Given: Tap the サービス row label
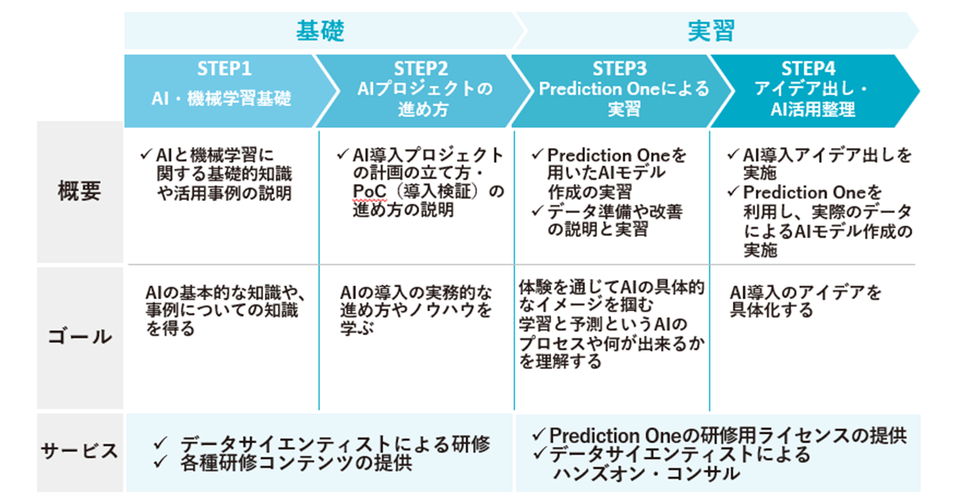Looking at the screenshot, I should [79, 450].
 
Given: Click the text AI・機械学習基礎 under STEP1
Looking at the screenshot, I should [222, 99].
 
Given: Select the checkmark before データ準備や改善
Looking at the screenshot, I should [538, 212].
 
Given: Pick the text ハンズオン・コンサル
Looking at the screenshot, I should [646, 473].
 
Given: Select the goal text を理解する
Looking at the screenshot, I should [560, 362].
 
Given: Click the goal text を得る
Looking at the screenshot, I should [170, 329].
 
